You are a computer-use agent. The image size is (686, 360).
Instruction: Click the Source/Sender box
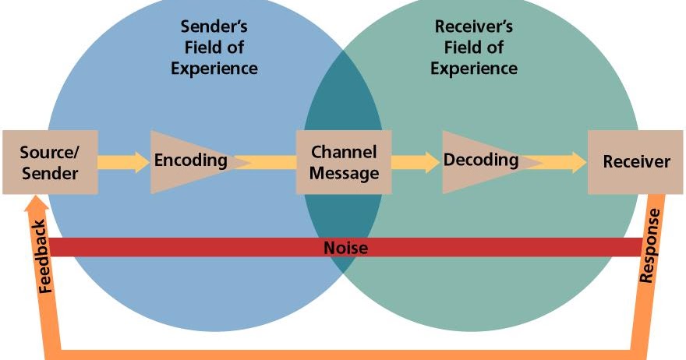(50, 162)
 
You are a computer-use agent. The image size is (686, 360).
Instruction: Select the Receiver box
(636, 162)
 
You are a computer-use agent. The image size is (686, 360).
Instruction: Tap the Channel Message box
(344, 162)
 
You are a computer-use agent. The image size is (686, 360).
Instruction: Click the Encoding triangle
(187, 161)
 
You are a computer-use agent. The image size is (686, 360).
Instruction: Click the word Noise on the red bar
(345, 248)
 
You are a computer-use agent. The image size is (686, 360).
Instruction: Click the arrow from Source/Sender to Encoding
(124, 162)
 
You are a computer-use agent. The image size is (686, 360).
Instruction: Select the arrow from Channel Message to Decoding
(416, 162)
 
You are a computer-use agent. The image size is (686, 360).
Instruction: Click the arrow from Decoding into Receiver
(564, 162)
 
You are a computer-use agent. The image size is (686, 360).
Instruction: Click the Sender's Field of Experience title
(214, 48)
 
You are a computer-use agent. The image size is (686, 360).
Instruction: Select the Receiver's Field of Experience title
(474, 48)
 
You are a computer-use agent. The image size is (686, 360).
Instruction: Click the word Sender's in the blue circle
(214, 27)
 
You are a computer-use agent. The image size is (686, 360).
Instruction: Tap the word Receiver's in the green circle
(474, 27)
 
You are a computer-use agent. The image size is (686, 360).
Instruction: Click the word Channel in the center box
(344, 152)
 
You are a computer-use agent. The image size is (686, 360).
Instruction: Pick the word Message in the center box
(344, 173)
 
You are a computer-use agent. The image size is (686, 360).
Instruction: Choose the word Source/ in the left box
(48, 151)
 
